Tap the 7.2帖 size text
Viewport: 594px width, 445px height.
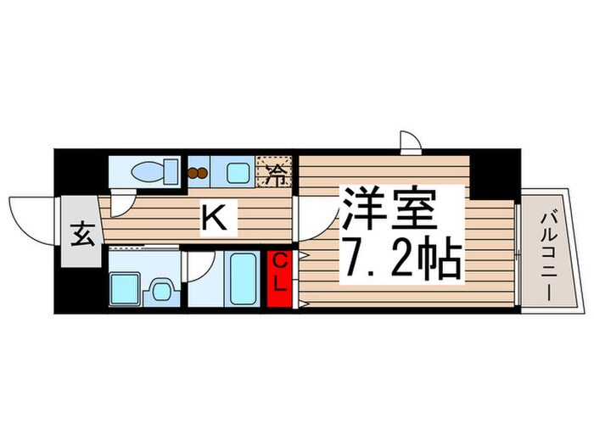pyautogui.click(x=402, y=261)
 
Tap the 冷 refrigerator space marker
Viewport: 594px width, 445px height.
pyautogui.click(x=276, y=175)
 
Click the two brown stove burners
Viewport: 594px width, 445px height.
pyautogui.click(x=198, y=174)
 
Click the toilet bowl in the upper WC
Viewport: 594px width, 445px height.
pyautogui.click(x=147, y=173)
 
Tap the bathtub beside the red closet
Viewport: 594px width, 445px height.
pyautogui.click(x=244, y=278)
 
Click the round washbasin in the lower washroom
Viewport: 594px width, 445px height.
pyautogui.click(x=160, y=292)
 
